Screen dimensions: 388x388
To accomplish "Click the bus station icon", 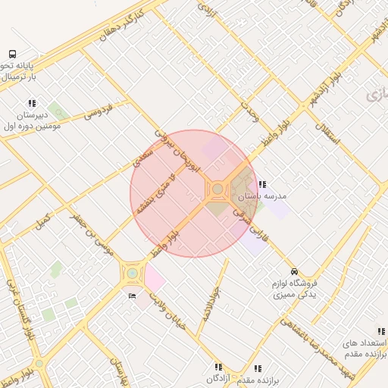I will point(12,54).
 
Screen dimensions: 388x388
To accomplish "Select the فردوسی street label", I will point(99,110).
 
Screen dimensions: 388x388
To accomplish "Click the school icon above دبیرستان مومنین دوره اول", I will point(32,103).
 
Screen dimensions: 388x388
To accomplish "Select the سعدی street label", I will point(142,157).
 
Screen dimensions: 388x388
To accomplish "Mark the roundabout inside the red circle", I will point(218,189).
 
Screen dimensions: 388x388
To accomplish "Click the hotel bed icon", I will point(133,296).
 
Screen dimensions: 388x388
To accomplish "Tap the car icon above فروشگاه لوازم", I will point(294,271).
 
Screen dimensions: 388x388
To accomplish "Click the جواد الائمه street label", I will point(210,304).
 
